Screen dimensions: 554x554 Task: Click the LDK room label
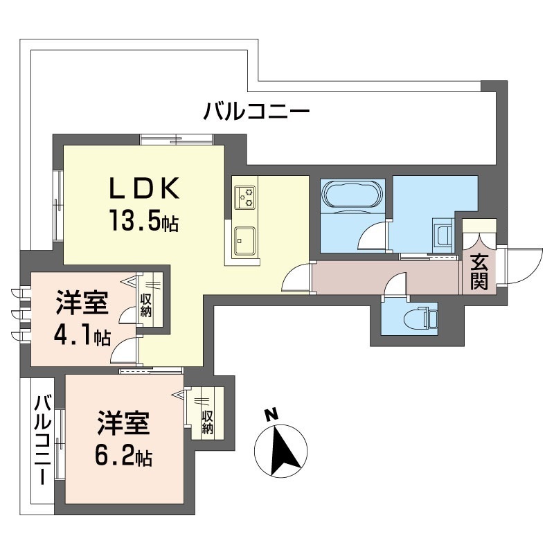coord(144,188)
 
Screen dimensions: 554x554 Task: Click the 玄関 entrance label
coord(479,271)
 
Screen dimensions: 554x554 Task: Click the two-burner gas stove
coord(245,197)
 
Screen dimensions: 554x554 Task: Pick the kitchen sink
coord(245,241)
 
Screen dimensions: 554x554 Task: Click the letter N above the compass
coord(271,414)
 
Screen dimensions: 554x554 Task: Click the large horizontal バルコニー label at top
coord(257,111)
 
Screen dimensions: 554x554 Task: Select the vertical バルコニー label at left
coord(43,440)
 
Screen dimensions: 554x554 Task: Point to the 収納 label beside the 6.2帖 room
coord(207,422)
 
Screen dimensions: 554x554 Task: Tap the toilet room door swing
coord(395,287)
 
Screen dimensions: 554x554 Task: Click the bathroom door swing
coord(373,237)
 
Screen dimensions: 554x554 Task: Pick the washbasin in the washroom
coord(443,235)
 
